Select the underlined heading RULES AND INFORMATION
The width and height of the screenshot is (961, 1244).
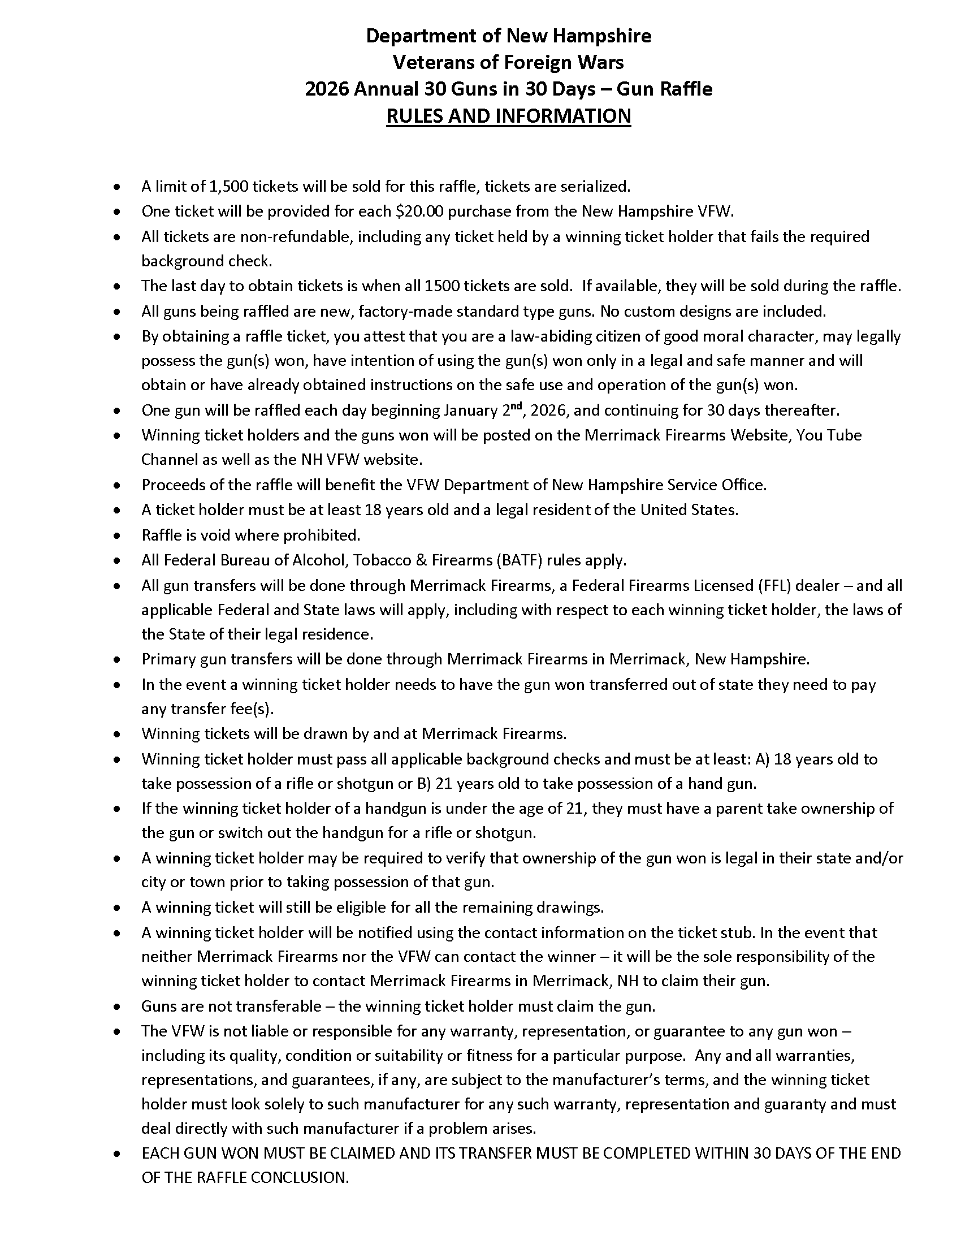point(508,116)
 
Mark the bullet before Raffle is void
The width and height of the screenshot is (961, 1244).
point(116,536)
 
